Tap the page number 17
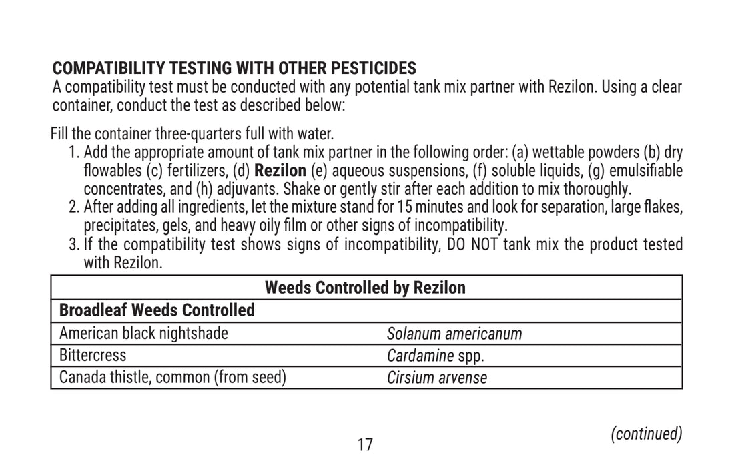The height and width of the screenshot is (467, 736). pyautogui.click(x=365, y=444)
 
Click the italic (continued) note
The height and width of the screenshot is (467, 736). pyautogui.click(x=647, y=434)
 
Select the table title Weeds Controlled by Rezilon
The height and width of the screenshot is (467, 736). pyautogui.click(x=365, y=288)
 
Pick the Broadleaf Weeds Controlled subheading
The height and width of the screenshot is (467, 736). pyautogui.click(x=157, y=310)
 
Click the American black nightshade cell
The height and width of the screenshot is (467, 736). pyautogui.click(x=143, y=333)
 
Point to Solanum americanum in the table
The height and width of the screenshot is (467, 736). pyautogui.click(x=454, y=333)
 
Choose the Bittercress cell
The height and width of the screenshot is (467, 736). pyautogui.click(x=93, y=355)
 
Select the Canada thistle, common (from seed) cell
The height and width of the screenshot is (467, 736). pyautogui.click(x=173, y=378)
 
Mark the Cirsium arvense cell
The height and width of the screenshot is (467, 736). pyautogui.click(x=437, y=378)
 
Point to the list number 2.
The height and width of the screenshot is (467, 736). pyautogui.click(x=73, y=207)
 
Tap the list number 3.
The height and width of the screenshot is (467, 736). pyautogui.click(x=73, y=244)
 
